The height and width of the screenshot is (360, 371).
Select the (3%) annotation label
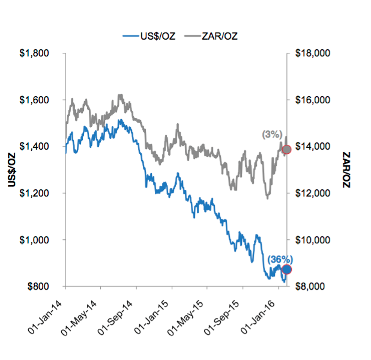[271, 135]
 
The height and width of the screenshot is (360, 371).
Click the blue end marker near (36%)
[287, 269]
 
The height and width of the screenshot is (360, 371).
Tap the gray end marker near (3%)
[286, 149]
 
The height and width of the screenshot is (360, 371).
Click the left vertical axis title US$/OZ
[11, 170]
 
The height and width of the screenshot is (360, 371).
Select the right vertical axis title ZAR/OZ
[346, 170]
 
